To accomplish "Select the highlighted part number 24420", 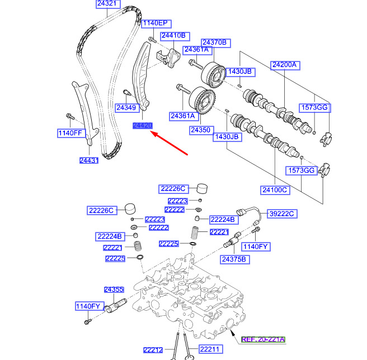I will pyautogui.click(x=142, y=126).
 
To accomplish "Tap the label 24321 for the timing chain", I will pyautogui.click(x=107, y=4).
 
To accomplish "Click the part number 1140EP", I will pyautogui.click(x=154, y=23).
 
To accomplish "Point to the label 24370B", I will pyautogui.click(x=214, y=42).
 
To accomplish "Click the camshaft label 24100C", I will pyautogui.click(x=275, y=190).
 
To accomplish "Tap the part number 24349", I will pyautogui.click(x=126, y=107).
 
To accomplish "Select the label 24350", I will pyautogui.click(x=200, y=130).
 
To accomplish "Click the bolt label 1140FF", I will pyautogui.click(x=70, y=133).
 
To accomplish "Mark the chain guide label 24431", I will pyautogui.click(x=88, y=160).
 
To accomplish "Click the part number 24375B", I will pyautogui.click(x=234, y=259).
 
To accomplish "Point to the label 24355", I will pyautogui.click(x=114, y=289).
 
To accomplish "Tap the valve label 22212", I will pyautogui.click(x=152, y=350).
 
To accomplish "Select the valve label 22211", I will pyautogui.click(x=210, y=350).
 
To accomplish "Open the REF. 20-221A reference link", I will pyautogui.click(x=263, y=339).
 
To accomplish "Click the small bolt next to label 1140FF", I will pyautogui.click(x=69, y=117).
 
